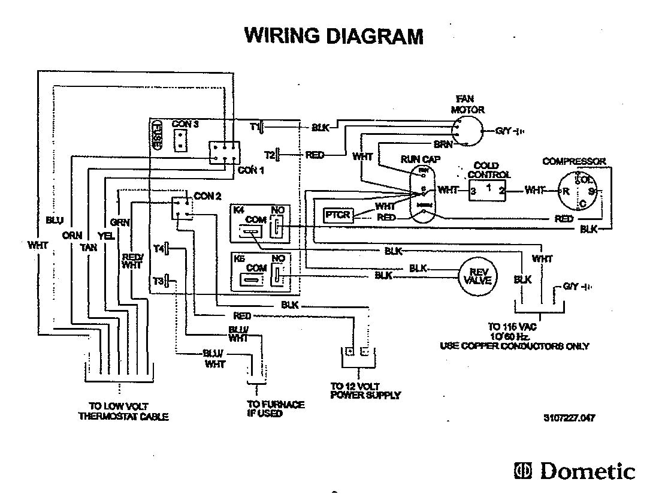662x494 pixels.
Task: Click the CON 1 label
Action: pyautogui.click(x=251, y=170)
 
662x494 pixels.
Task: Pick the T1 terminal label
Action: pyautogui.click(x=253, y=127)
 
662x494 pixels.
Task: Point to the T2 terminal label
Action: pyautogui.click(x=269, y=155)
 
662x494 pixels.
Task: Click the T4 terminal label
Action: pyautogui.click(x=158, y=248)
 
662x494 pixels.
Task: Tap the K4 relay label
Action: pyautogui.click(x=238, y=210)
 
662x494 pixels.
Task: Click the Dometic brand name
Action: pyautogui.click(x=587, y=471)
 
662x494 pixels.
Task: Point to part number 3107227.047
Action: pyautogui.click(x=569, y=418)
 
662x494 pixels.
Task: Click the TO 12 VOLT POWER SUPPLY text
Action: pyautogui.click(x=365, y=390)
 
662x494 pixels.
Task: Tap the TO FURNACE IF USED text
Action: pyautogui.click(x=275, y=409)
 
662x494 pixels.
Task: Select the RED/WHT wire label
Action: pyautogui.click(x=131, y=261)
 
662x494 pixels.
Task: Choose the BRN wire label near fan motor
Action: pyautogui.click(x=443, y=144)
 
